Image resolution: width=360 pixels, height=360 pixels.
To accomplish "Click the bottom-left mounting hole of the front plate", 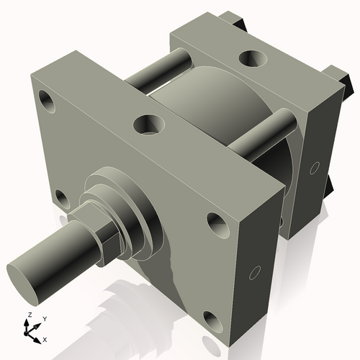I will pyautogui.click(x=62, y=199).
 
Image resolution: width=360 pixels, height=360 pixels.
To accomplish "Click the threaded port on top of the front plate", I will pyautogui.click(x=148, y=123).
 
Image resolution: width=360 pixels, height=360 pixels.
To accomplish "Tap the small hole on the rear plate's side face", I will pyautogui.click(x=313, y=168).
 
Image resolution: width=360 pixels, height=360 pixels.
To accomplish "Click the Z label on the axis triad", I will pyautogui.click(x=28, y=315).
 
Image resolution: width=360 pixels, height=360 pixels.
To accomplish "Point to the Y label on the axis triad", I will pyautogui.click(x=45, y=318).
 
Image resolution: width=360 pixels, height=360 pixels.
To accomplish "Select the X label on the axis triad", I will pyautogui.click(x=45, y=338).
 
